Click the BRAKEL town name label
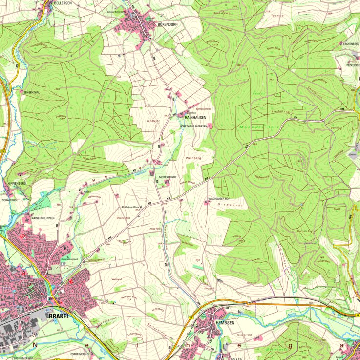point(60,316)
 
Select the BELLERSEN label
point(62,3)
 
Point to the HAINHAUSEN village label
point(195,118)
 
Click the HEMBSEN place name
point(226,323)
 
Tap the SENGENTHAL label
point(30,91)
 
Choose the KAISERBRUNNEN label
point(43,218)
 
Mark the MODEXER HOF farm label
point(168,177)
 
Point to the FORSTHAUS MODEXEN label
point(194,126)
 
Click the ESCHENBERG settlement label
point(350,43)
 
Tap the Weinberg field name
point(193,158)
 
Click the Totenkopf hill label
point(277,16)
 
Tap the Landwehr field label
point(153,120)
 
